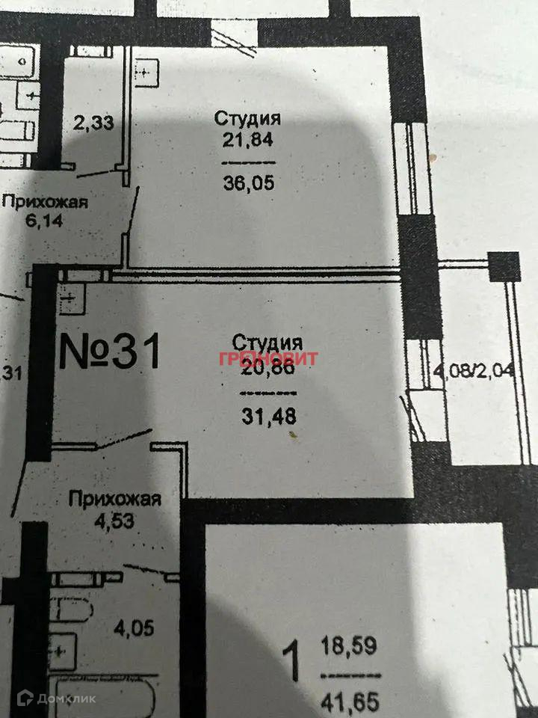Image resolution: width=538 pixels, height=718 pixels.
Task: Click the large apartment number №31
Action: pyautogui.click(x=110, y=352)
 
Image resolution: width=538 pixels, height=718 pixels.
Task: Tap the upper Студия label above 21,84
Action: pyautogui.click(x=247, y=118)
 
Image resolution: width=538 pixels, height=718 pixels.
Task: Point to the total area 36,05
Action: pyautogui.click(x=248, y=182)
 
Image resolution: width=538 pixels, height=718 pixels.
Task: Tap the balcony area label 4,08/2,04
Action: pyautogui.click(x=474, y=369)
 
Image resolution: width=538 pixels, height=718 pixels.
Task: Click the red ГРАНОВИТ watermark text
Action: pyautogui.click(x=268, y=358)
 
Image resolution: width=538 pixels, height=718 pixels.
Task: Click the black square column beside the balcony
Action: pyautogui.click(x=504, y=266)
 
